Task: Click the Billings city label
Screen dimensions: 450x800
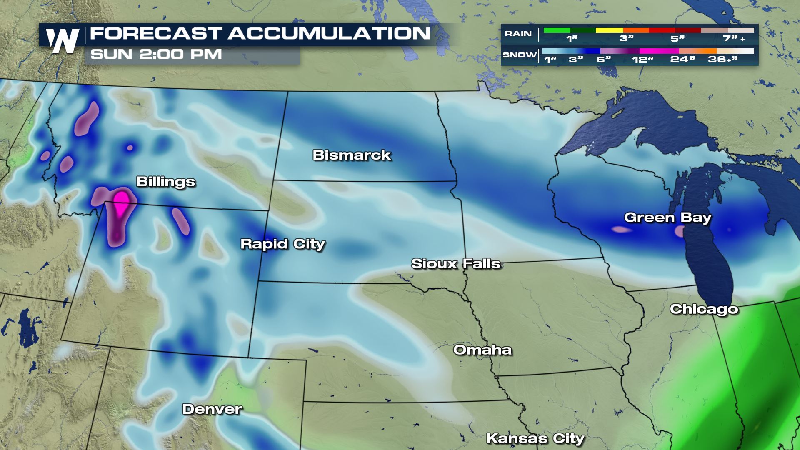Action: [166, 182]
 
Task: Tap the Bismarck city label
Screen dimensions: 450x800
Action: [352, 155]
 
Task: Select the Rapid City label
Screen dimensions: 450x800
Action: [282, 244]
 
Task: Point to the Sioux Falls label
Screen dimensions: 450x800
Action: [456, 264]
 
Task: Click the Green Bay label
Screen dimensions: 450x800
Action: [667, 217]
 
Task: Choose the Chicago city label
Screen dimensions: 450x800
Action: [704, 309]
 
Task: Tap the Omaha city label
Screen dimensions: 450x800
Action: [482, 350]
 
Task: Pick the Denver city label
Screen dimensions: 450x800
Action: [212, 409]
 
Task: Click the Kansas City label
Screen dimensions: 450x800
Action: [535, 438]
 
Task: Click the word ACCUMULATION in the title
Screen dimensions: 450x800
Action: [329, 33]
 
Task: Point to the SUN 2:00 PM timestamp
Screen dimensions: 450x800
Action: [156, 55]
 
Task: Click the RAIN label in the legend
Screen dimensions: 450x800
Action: [518, 34]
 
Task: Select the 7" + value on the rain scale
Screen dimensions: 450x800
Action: [733, 39]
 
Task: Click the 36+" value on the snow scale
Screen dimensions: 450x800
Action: [723, 60]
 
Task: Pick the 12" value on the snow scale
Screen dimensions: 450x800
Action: [642, 60]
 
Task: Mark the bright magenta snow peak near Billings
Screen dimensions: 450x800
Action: [121, 199]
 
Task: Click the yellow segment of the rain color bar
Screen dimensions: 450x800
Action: [609, 30]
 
